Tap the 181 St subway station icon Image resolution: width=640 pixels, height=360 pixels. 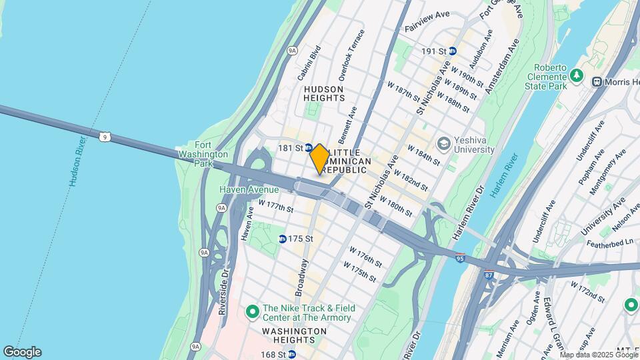[309, 148]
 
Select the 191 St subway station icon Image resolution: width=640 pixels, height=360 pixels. [453, 51]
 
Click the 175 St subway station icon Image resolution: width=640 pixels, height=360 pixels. [283, 239]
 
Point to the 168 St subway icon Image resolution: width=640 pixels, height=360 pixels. [291, 355]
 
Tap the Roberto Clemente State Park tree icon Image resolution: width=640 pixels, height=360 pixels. [578, 76]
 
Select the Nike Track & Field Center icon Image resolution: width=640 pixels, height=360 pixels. [252, 312]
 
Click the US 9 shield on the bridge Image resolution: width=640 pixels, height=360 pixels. [104, 137]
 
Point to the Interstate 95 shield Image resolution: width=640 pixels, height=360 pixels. [461, 257]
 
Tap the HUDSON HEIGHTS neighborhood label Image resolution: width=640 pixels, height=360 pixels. [324, 93]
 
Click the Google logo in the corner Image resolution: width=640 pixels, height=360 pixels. [21, 352]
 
